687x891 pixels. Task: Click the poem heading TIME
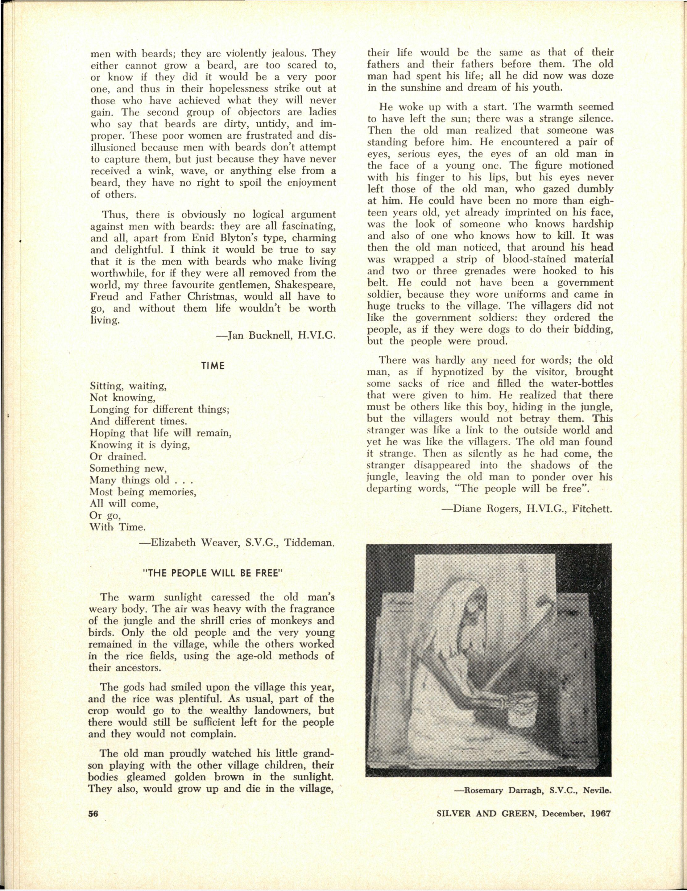click(213, 366)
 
